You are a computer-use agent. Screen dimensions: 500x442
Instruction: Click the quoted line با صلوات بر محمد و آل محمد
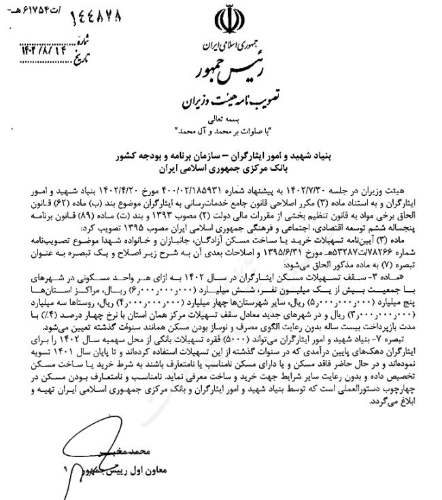(x=224, y=129)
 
